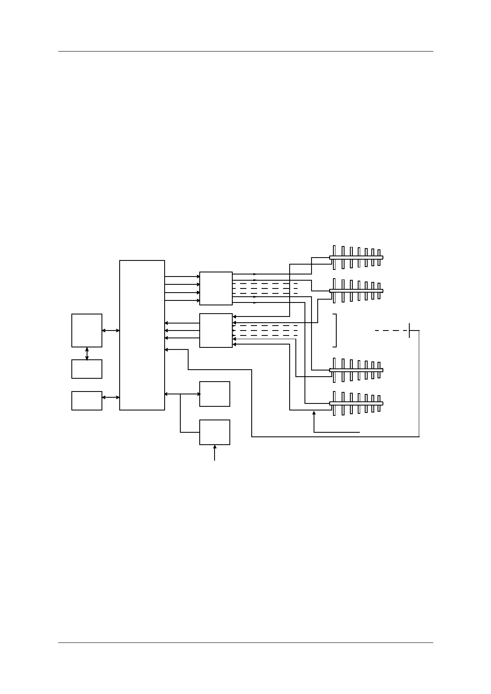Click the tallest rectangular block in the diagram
point(142,335)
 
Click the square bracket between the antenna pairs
point(335,331)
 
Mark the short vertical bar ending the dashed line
point(409,331)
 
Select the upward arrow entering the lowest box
point(215,452)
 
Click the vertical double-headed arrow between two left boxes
point(87,354)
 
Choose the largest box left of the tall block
point(87,331)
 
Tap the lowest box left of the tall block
point(87,401)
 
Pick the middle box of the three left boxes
point(87,369)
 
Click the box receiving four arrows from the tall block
point(216,288)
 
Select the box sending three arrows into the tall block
point(216,331)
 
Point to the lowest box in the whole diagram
point(215,432)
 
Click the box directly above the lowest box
point(215,394)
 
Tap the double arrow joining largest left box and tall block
point(111,331)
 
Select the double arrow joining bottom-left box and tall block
point(111,397)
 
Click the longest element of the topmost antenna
point(334,258)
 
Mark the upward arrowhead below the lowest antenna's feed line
point(314,413)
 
